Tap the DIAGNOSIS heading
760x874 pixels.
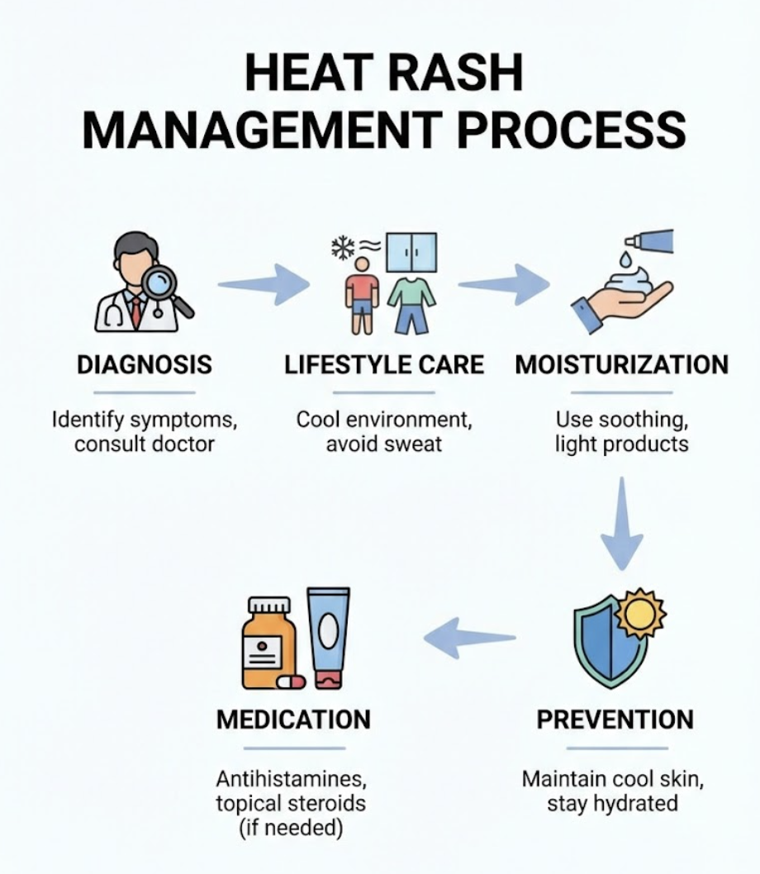click(144, 364)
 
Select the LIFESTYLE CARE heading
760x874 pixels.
click(384, 364)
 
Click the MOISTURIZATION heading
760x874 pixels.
click(622, 364)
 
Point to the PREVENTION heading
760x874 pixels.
click(615, 720)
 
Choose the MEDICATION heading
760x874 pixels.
click(293, 720)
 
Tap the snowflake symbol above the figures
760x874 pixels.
click(341, 245)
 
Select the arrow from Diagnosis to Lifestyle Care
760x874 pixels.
click(262, 285)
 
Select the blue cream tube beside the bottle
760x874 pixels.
click(328, 636)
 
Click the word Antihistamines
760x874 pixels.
click(291, 779)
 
